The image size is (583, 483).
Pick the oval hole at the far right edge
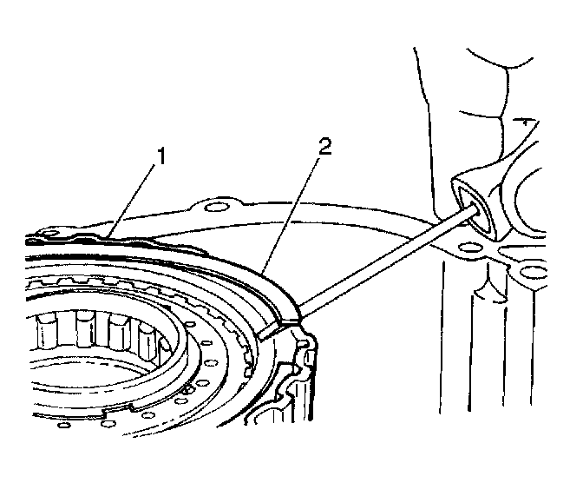537,277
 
